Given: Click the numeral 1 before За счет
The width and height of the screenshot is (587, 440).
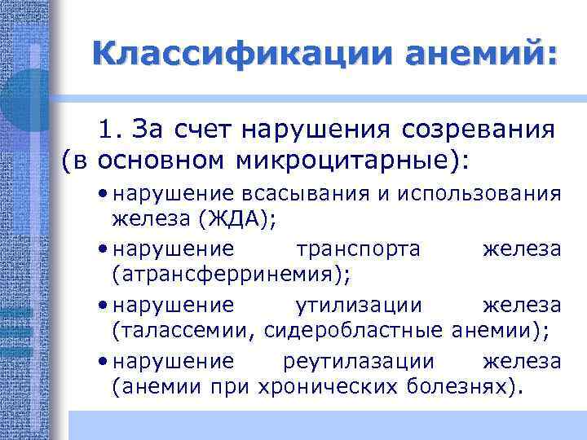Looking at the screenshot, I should click(x=108, y=130).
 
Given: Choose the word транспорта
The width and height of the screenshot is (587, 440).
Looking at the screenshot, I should click(x=359, y=248).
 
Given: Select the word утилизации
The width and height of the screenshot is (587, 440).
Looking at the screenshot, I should click(x=357, y=305).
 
